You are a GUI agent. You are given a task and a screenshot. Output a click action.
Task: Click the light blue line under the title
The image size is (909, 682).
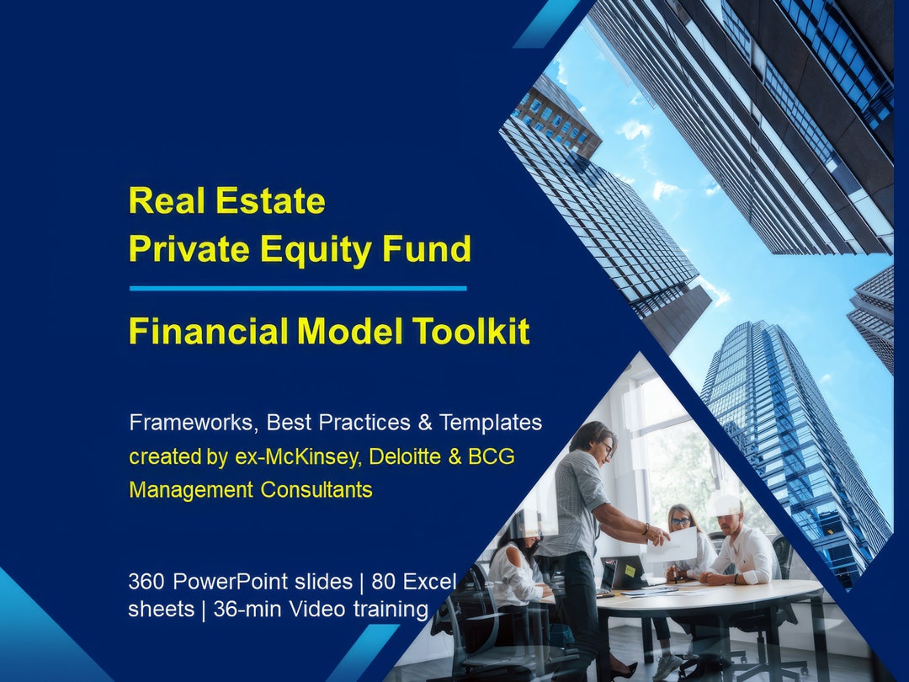click(x=297, y=288)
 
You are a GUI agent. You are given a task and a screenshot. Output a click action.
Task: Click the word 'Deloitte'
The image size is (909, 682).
click(x=395, y=457)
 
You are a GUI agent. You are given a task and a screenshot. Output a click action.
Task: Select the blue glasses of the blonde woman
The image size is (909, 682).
click(x=680, y=522)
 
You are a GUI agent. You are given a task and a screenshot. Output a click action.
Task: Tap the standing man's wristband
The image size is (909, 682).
click(x=646, y=530)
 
